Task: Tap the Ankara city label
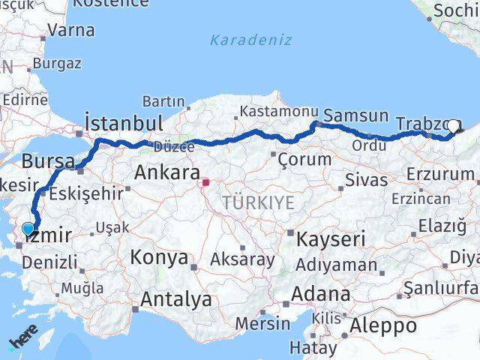tap(166, 173)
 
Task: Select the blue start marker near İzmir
tap(28, 229)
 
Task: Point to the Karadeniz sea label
tap(250, 40)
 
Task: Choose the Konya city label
tap(159, 258)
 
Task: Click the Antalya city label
tap(176, 300)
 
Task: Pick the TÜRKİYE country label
tap(257, 203)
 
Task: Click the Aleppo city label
tap(383, 326)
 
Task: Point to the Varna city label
tap(71, 31)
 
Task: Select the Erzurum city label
tap(440, 174)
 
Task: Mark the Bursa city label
tap(48, 161)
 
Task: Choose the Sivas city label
tap(367, 180)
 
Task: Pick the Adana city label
tap(322, 294)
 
